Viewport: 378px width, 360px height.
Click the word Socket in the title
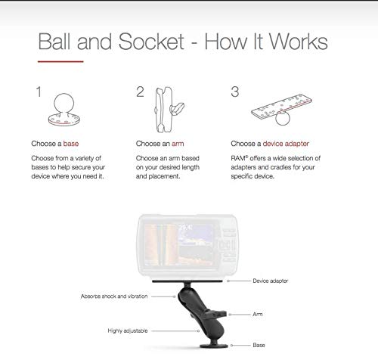151,42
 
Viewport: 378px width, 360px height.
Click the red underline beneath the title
60,61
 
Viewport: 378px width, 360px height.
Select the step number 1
39,92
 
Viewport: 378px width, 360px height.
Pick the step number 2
140,92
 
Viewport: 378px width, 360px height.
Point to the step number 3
235,92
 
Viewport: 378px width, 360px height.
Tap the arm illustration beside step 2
168,110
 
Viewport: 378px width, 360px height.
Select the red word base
71,144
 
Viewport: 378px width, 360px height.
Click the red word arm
178,144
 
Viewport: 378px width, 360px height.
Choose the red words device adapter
286,144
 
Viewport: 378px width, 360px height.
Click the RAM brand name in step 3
238,158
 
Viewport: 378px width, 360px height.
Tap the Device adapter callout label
271,281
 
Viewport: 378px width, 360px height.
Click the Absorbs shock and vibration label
114,296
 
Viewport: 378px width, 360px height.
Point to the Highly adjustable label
128,331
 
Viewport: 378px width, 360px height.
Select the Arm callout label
258,314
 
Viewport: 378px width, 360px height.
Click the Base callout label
259,345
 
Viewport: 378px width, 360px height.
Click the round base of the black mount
214,346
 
